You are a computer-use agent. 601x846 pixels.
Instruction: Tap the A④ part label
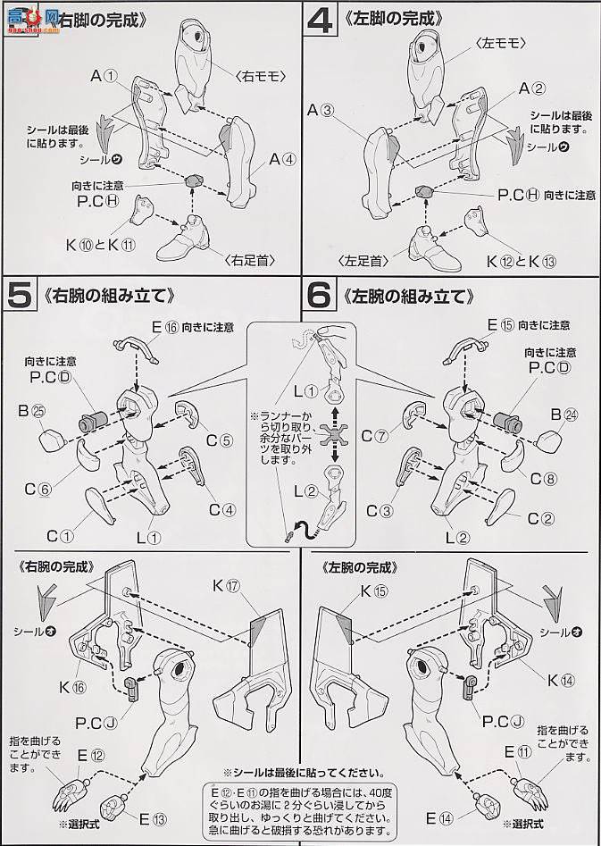click(281, 161)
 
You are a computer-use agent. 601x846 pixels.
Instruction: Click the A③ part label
click(320, 111)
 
